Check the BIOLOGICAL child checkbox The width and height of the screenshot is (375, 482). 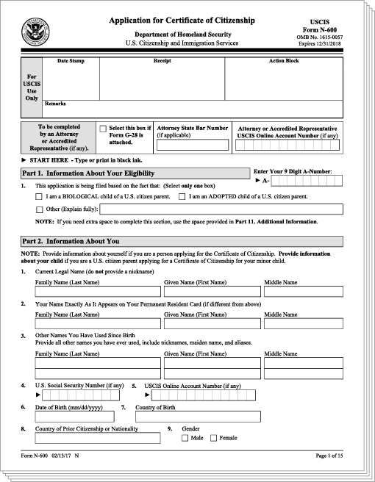pos(39,197)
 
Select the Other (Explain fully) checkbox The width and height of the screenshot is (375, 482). pos(39,209)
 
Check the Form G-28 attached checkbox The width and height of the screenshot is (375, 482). pos(103,128)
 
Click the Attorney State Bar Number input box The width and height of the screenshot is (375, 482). pos(192,145)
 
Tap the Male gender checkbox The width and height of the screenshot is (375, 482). pos(185,438)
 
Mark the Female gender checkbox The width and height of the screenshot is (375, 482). pos(213,438)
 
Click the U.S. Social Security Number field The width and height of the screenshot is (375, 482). pos(80,395)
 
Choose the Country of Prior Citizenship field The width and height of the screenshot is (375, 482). pos(98,438)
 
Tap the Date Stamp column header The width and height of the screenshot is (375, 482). pos(71,61)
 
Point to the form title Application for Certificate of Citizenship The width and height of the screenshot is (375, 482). pos(182,21)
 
